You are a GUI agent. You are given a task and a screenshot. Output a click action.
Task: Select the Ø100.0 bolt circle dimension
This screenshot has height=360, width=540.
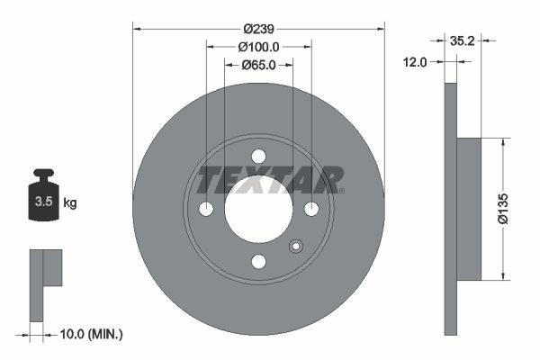point(258,47)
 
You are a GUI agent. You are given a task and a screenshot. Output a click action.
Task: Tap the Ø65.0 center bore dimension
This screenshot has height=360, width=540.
point(258,65)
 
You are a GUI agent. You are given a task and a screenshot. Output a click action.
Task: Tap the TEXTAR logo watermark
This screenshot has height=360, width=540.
point(270,179)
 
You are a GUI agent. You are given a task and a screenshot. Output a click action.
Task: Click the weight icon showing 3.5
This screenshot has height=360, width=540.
point(42,200)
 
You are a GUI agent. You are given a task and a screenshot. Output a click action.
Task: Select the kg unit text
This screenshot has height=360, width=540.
point(69,203)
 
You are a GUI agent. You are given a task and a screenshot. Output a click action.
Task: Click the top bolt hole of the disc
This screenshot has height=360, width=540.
point(258,156)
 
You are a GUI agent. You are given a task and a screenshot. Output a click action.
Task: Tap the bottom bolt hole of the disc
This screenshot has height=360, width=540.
point(258,262)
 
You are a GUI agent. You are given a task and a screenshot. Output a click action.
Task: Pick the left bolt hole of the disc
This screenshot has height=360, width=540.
point(206,209)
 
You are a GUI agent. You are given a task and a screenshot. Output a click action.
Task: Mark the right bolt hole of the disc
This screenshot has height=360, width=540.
point(311,209)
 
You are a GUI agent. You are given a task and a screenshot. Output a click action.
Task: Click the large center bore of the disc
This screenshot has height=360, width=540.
point(258,209)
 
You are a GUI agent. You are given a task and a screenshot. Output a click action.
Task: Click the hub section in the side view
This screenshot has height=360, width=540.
point(469,209)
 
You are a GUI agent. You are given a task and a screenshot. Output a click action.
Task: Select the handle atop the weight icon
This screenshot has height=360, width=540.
point(42,174)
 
